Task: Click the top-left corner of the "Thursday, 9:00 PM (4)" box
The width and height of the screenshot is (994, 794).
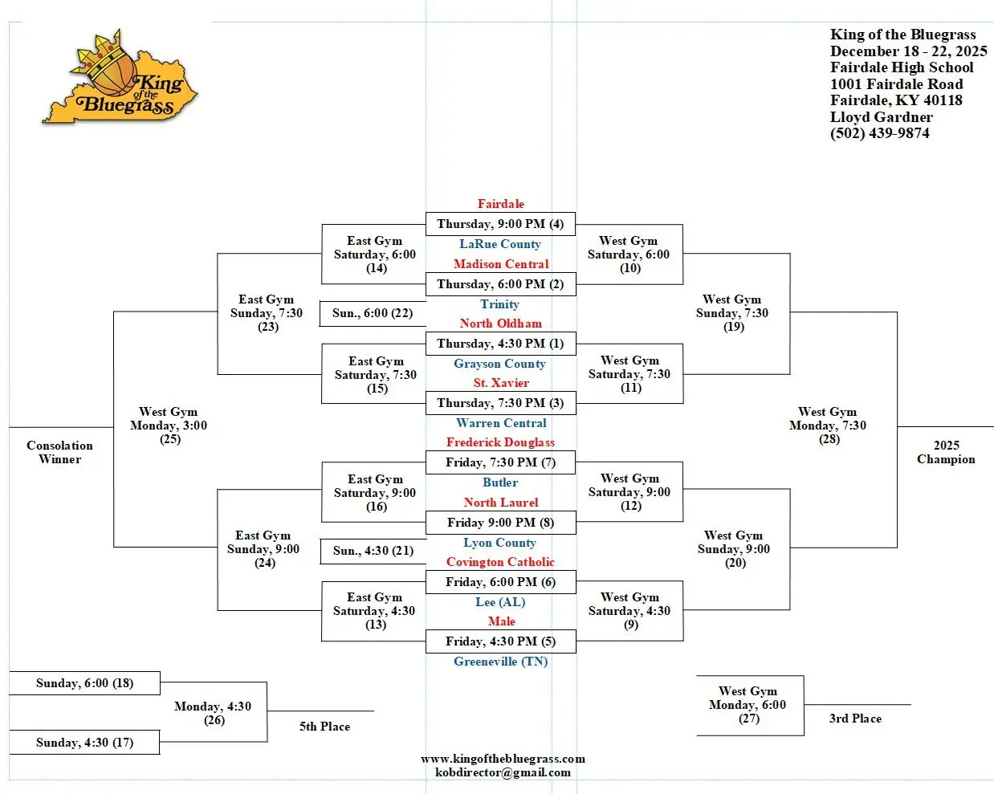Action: point(426,213)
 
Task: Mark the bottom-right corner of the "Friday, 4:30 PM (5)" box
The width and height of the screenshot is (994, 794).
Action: point(576,653)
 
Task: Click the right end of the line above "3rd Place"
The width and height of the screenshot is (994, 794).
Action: point(910,704)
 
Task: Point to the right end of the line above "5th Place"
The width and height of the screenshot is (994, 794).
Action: point(373,711)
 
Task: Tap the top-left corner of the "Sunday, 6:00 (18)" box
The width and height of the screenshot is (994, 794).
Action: point(10,672)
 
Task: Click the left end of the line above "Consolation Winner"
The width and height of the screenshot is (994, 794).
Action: point(10,427)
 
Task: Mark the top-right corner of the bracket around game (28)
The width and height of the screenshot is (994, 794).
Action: point(898,311)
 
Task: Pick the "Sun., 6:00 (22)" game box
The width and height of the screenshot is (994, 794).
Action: point(373,314)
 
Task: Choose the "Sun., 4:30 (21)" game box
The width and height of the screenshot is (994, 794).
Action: point(373,551)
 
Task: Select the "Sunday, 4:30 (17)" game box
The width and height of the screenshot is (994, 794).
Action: point(84,743)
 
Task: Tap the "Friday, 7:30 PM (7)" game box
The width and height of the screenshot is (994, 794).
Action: point(501,462)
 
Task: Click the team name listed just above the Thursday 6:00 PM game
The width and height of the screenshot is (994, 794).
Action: point(501,264)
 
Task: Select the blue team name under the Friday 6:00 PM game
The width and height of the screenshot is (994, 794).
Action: point(501,602)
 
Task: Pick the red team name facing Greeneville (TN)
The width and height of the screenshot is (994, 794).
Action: point(502,621)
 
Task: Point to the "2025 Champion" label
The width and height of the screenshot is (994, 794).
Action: point(946,452)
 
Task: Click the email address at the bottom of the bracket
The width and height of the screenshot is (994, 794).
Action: point(503,772)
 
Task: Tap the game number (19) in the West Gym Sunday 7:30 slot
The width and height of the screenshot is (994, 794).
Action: point(734,327)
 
